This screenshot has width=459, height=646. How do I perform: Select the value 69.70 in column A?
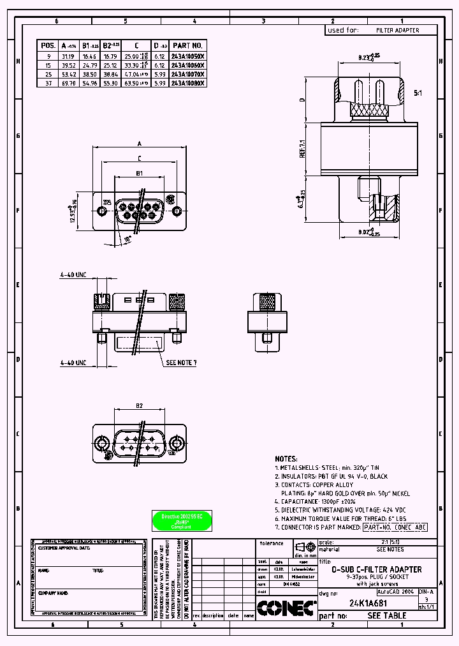(x=68, y=83)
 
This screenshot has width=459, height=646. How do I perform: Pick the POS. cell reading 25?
(x=48, y=74)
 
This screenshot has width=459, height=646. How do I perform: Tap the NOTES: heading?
(x=286, y=458)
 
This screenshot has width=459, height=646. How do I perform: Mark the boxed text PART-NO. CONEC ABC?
(x=395, y=527)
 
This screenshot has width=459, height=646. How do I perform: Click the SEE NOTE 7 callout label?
(x=181, y=363)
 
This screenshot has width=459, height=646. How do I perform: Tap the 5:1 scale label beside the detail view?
(x=418, y=93)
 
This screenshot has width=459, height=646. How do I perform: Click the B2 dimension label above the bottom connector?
(x=139, y=405)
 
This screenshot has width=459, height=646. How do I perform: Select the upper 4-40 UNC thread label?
(x=73, y=275)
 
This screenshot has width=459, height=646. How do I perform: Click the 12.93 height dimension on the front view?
(x=73, y=211)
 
